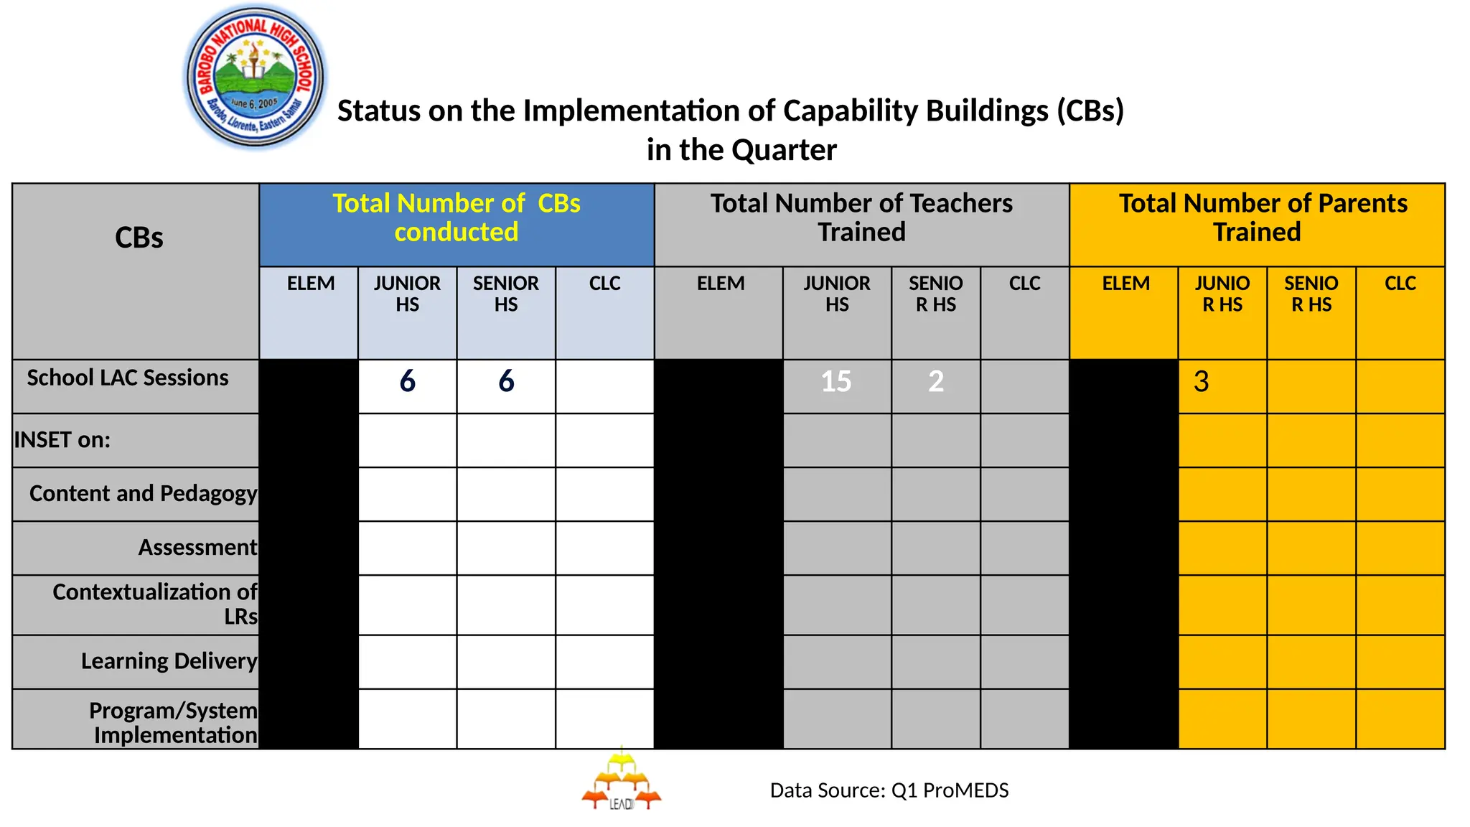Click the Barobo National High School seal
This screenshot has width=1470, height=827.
[x=255, y=77]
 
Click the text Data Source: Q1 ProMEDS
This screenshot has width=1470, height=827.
[x=889, y=790]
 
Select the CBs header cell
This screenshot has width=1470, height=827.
[x=139, y=238]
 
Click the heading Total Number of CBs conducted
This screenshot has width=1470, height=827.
[x=457, y=218]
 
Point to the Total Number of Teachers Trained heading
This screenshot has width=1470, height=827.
[x=861, y=218]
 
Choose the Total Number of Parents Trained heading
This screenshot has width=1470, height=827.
[x=1258, y=218]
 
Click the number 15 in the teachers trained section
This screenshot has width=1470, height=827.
[x=836, y=381]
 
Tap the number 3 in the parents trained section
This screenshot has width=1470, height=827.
[x=1202, y=381]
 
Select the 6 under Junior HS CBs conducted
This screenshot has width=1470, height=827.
[x=407, y=381]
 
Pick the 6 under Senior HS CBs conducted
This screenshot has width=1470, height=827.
[x=506, y=381]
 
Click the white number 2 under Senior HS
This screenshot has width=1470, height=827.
[x=935, y=381]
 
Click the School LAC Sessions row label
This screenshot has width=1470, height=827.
[x=128, y=378]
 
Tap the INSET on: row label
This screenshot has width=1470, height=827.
[x=62, y=439]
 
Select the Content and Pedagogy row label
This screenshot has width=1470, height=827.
[x=143, y=493]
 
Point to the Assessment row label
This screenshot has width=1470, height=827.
[x=197, y=547]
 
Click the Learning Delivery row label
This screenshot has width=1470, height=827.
[x=169, y=660]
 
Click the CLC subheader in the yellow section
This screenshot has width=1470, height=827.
[x=1400, y=284]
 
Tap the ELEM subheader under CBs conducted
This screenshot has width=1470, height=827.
[x=310, y=284]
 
